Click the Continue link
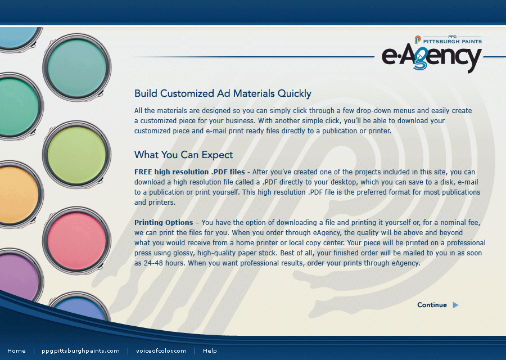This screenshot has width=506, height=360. pyautogui.click(x=432, y=305)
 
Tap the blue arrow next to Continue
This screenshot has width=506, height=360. pyautogui.click(x=455, y=305)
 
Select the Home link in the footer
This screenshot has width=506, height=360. pyautogui.click(x=16, y=350)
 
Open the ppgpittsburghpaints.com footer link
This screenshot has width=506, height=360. pyautogui.click(x=80, y=351)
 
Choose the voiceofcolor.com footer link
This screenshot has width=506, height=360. pyautogui.click(x=161, y=350)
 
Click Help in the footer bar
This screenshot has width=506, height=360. pyautogui.click(x=210, y=350)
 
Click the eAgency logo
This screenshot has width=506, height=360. pyautogui.click(x=431, y=57)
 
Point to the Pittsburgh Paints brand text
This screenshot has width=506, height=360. pyautogui.click(x=453, y=41)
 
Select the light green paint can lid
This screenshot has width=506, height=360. pyautogui.click(x=77, y=154)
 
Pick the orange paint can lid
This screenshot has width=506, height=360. pyautogui.click(x=19, y=195)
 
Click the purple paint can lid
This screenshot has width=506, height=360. pyautogui.click(x=19, y=277)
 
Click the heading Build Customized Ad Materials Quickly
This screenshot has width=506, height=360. pyautogui.click(x=223, y=93)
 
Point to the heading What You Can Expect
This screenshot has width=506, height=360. pyautogui.click(x=183, y=155)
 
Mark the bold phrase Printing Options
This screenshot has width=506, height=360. pyautogui.click(x=164, y=222)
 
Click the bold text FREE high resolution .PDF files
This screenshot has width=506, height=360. pyautogui.click(x=189, y=172)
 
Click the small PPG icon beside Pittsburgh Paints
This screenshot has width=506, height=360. pyautogui.click(x=418, y=40)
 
